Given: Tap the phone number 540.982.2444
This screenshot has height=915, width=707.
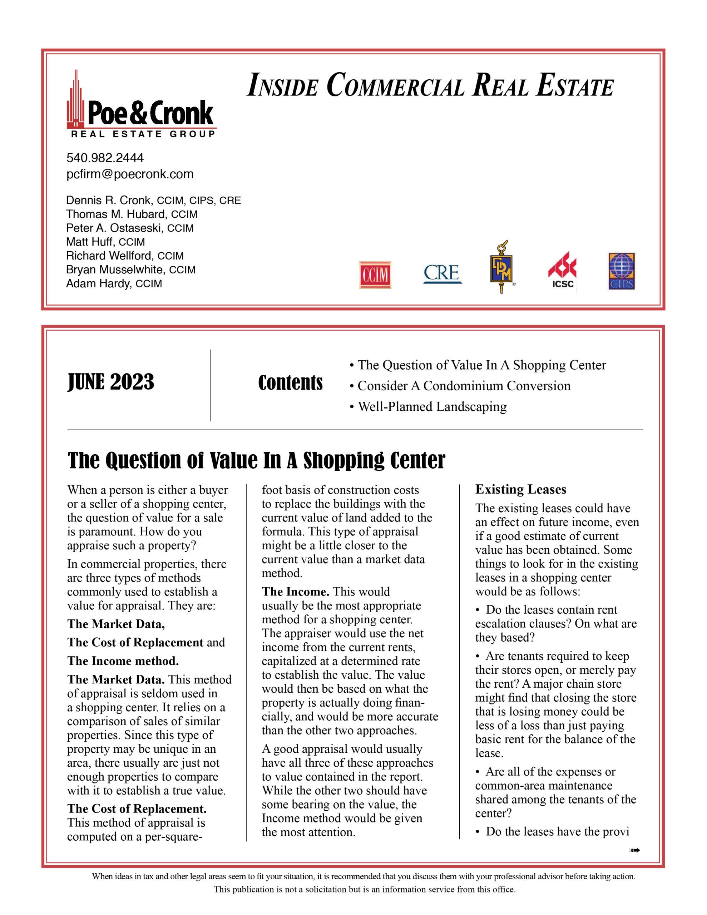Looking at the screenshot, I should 105,158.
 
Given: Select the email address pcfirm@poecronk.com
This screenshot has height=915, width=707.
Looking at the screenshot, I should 130,174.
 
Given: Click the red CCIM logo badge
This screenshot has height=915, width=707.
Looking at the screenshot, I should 375,275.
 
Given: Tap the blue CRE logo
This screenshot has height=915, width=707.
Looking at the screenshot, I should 442,273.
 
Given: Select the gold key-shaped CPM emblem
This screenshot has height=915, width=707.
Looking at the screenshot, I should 501,267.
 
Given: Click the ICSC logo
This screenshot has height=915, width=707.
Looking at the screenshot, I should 562,271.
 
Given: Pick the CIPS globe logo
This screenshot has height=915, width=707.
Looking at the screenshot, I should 622,271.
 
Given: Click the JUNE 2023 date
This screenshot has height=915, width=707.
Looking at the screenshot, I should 111,382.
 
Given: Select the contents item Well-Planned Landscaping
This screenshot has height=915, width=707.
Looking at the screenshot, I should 432,407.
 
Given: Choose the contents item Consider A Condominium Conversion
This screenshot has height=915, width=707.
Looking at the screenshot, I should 464,386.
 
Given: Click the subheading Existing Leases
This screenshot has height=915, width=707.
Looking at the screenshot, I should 520,489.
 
